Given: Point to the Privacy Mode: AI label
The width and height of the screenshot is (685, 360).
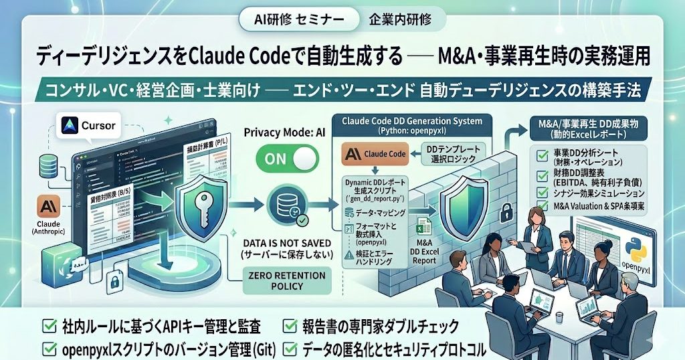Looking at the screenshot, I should click(x=284, y=132).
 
